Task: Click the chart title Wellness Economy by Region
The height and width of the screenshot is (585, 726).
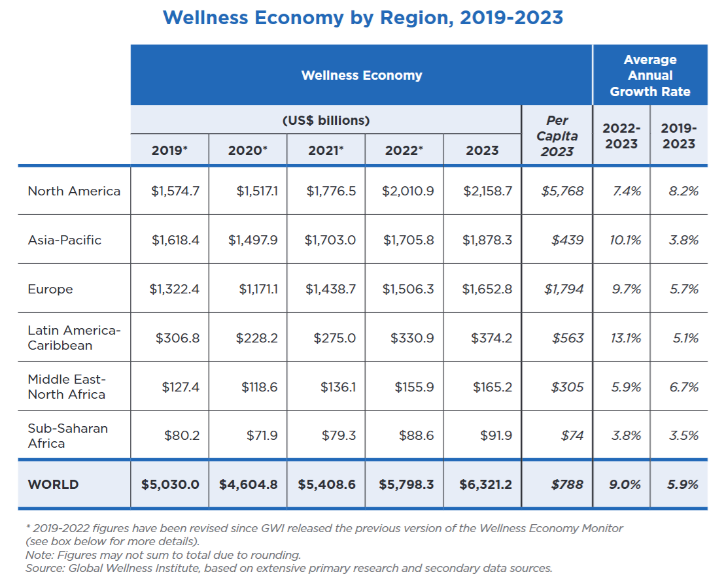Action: coord(362,18)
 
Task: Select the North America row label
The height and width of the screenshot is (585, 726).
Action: coord(74,192)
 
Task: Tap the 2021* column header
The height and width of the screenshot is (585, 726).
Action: coord(326,151)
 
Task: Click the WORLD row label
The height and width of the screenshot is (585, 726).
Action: coord(53,484)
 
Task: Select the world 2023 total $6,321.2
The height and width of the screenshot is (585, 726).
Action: coord(483,484)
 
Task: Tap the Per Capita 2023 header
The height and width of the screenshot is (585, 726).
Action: coord(557,136)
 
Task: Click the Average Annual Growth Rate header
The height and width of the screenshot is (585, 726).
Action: coord(649,76)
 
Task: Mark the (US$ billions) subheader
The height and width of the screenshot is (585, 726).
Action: coord(326,121)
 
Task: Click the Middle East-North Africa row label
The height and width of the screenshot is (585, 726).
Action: coord(67,387)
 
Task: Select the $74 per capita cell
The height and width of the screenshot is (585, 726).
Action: coord(572,435)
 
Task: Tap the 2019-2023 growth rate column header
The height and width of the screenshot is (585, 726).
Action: coord(679,136)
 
